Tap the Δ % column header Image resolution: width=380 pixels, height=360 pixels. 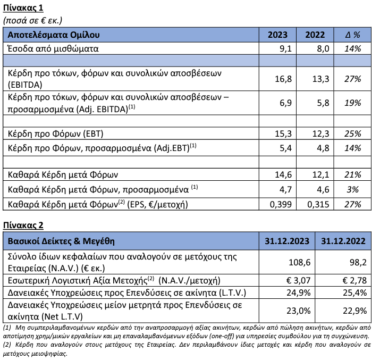coord(353,35)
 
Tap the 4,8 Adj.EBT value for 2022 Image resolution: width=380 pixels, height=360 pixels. coord(320,146)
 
